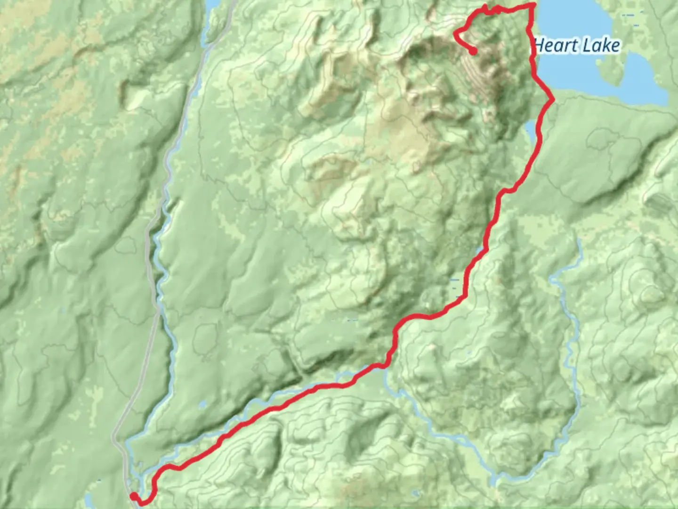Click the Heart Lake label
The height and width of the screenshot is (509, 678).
tap(577, 46)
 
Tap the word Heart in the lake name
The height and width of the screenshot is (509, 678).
tap(556, 46)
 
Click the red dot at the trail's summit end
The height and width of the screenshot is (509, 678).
tap(473, 51)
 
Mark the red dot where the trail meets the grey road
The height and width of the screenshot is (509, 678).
tap(133, 496)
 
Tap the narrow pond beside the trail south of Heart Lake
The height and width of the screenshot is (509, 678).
tap(531, 130)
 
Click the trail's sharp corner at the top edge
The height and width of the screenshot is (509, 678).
tap(533, 5)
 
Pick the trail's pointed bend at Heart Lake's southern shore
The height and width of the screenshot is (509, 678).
tap(552, 99)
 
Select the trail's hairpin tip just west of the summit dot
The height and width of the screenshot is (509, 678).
tap(455, 33)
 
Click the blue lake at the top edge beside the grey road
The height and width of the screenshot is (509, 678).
tap(212, 5)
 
